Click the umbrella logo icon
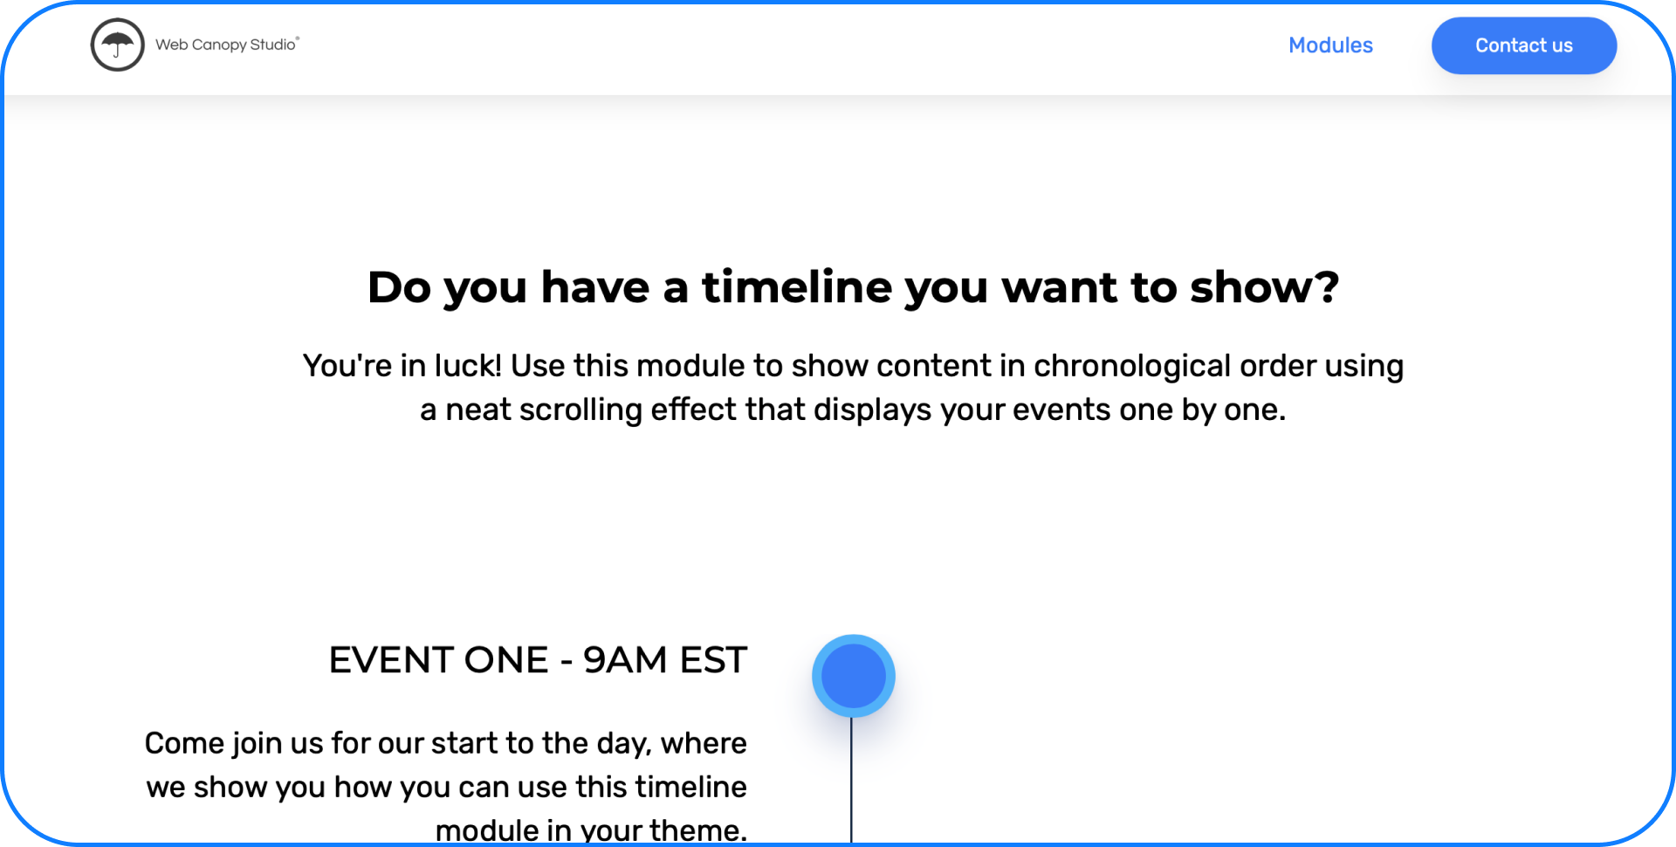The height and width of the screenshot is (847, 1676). tap(117, 45)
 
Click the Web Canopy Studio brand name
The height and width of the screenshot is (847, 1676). tap(227, 45)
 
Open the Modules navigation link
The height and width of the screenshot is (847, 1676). tap(1330, 45)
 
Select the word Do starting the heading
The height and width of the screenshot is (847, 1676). tap(399, 287)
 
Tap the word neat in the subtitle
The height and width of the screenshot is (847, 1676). tap(478, 410)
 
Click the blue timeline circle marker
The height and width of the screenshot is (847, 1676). tap(853, 676)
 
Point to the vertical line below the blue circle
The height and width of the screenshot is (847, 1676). tap(851, 780)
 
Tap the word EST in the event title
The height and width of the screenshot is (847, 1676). tap(713, 660)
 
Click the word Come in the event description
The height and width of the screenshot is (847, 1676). tap(184, 744)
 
